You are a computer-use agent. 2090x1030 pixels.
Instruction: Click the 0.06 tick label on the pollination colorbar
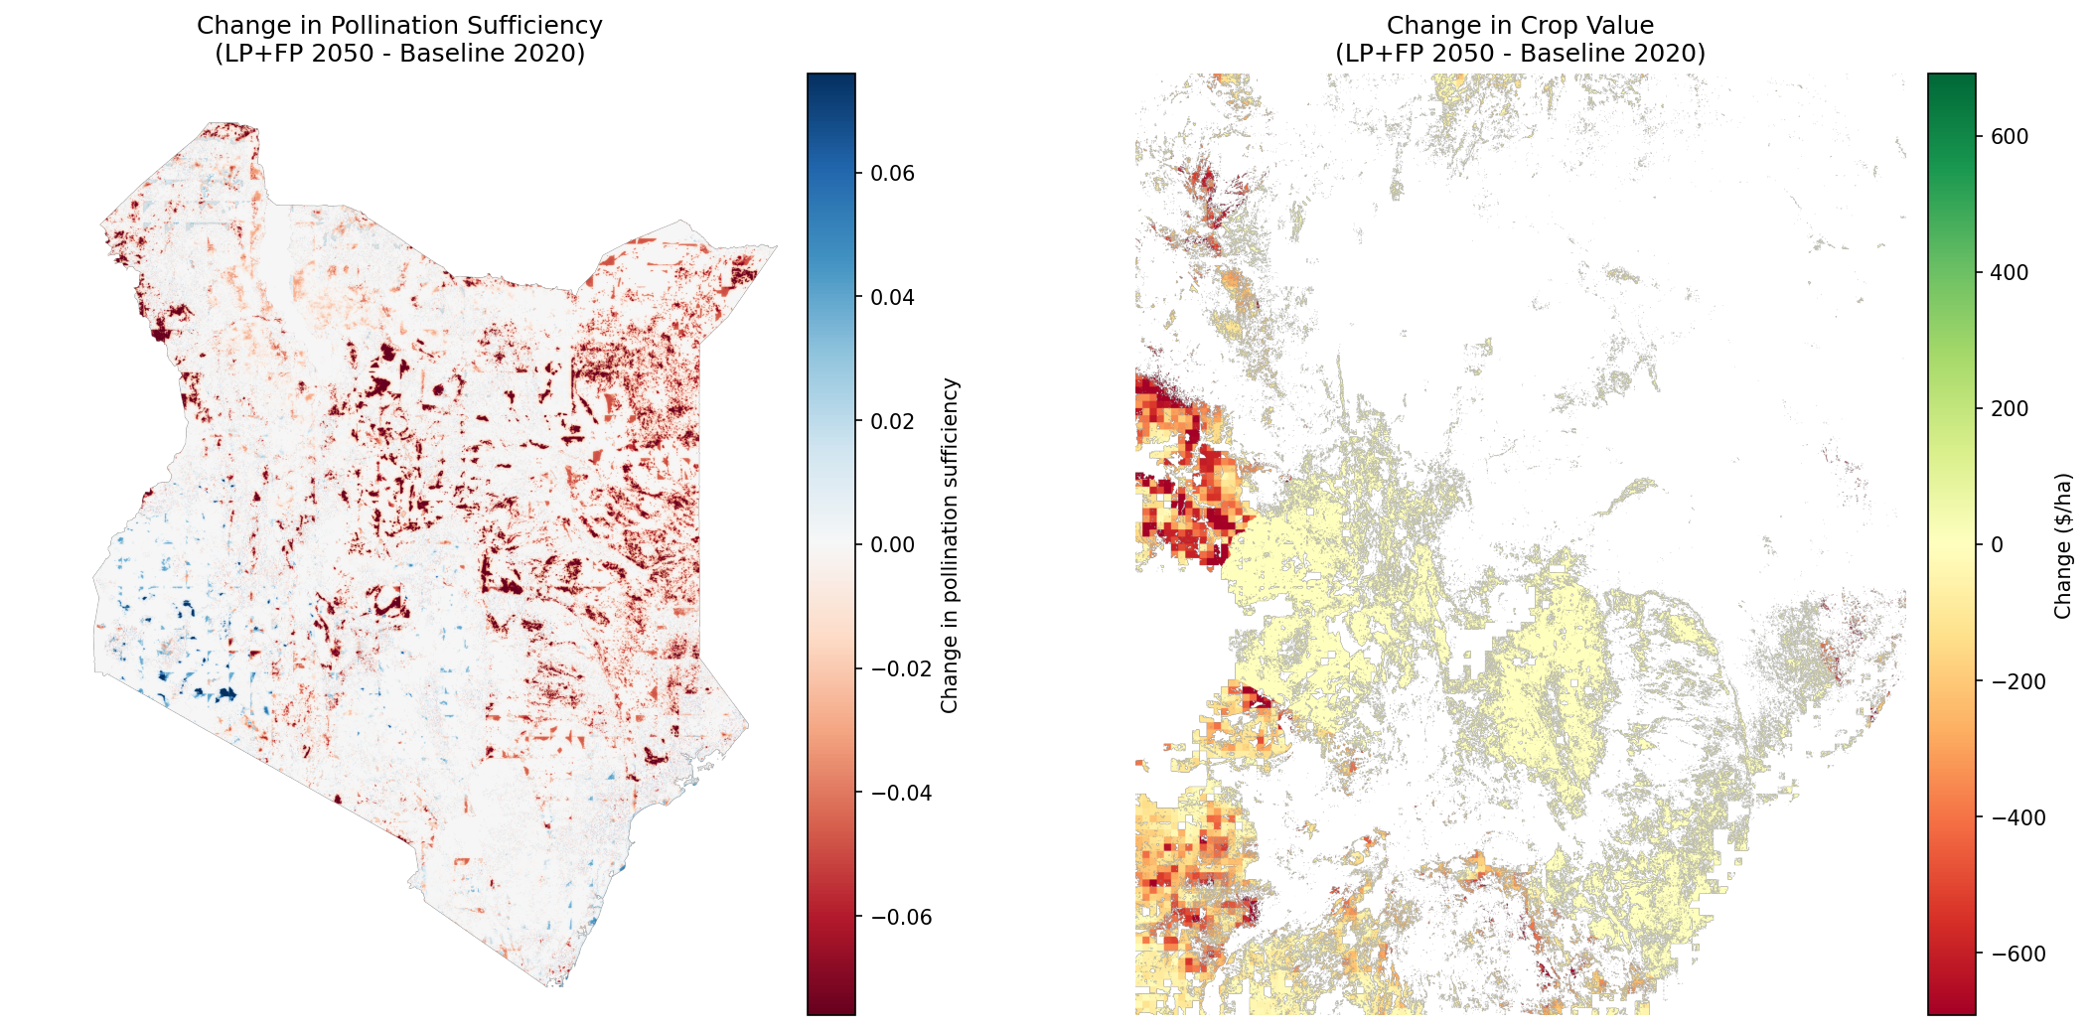point(892,173)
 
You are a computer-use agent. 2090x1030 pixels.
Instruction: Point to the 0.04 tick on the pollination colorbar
point(892,297)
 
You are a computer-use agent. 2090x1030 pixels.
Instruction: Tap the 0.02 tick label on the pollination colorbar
point(892,421)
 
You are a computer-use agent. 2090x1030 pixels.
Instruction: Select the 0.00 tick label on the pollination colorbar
point(892,544)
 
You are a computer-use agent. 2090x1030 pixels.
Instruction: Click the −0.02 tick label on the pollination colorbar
point(901,668)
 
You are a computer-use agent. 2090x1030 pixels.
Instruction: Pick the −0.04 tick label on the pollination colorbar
point(901,793)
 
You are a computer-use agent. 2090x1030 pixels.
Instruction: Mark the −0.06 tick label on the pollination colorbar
point(901,917)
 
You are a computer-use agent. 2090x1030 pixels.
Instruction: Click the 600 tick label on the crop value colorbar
point(2010,136)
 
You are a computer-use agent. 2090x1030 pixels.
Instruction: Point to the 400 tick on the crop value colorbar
point(2010,272)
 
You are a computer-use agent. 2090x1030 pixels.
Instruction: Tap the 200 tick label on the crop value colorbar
point(2010,408)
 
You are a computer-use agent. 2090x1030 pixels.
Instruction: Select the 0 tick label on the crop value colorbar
point(1997,544)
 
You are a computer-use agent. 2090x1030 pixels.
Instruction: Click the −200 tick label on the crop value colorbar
point(2018,681)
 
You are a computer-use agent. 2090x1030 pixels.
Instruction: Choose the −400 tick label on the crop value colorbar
point(2018,817)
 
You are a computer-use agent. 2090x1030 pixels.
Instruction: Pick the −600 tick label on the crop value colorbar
point(2018,954)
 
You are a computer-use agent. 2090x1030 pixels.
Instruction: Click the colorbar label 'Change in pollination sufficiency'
point(950,544)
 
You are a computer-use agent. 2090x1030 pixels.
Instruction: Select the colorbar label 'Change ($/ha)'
point(2063,545)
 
